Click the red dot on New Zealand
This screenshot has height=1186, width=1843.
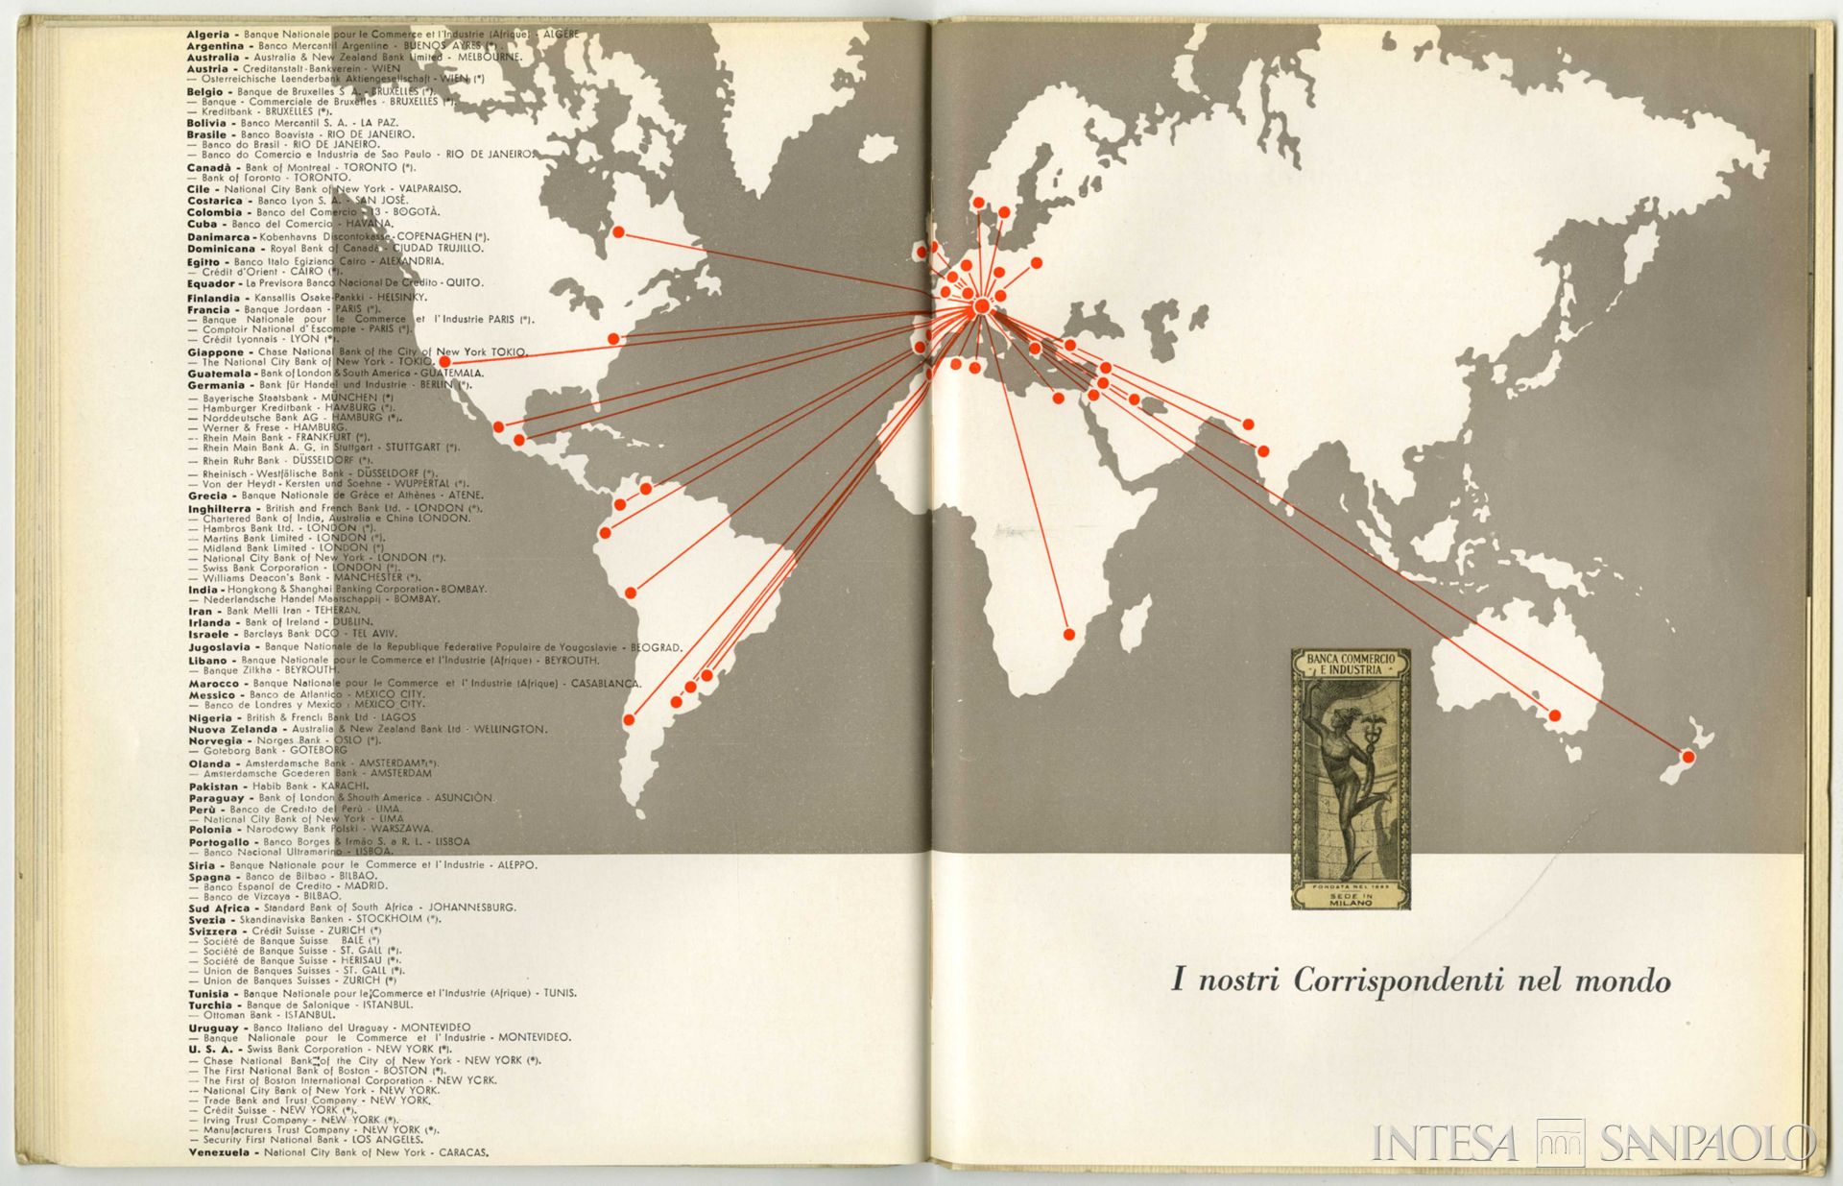(x=1688, y=757)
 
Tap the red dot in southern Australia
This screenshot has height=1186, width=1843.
(x=1555, y=715)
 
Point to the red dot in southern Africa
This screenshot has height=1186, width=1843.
(x=1069, y=634)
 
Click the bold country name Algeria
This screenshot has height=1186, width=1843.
(x=208, y=35)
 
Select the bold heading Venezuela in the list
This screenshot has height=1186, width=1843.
(x=219, y=1152)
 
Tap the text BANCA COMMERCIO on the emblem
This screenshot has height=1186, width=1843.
(x=1351, y=660)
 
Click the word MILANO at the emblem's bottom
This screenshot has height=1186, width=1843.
(x=1351, y=903)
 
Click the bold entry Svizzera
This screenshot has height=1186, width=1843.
(x=212, y=931)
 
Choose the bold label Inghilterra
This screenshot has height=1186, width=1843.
(x=220, y=509)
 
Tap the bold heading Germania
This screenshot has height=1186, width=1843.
(x=216, y=385)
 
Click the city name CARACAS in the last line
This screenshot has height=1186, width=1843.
(x=464, y=1152)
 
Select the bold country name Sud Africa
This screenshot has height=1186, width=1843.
(x=219, y=908)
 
